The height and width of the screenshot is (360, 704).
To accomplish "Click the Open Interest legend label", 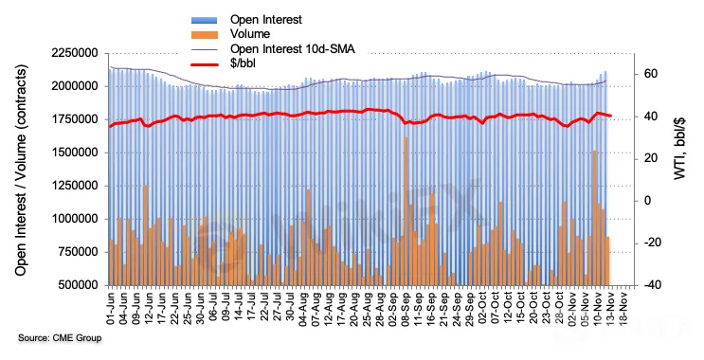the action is (x=266, y=20).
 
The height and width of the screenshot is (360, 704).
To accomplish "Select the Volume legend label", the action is (x=250, y=34).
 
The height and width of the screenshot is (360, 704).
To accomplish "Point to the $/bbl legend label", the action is (x=243, y=63).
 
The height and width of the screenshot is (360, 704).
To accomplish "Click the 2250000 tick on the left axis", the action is (x=75, y=53).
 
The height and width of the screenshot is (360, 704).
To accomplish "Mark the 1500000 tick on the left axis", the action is (x=75, y=153).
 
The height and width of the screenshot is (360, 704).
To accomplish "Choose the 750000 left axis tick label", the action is (x=78, y=252).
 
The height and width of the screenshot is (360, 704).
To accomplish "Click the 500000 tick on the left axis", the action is (x=78, y=285).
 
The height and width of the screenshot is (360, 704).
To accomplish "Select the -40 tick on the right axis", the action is (x=649, y=285).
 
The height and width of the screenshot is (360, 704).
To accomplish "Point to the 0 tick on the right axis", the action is (x=647, y=201).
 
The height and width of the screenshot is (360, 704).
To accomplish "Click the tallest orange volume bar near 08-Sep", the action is (x=406, y=211).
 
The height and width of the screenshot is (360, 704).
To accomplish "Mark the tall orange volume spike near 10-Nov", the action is (x=594, y=218).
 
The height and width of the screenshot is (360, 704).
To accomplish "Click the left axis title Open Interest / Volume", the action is (x=21, y=171).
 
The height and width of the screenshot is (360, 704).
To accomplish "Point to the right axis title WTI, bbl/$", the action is (x=679, y=149).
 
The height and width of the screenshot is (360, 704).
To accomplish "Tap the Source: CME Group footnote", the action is (x=60, y=338).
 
